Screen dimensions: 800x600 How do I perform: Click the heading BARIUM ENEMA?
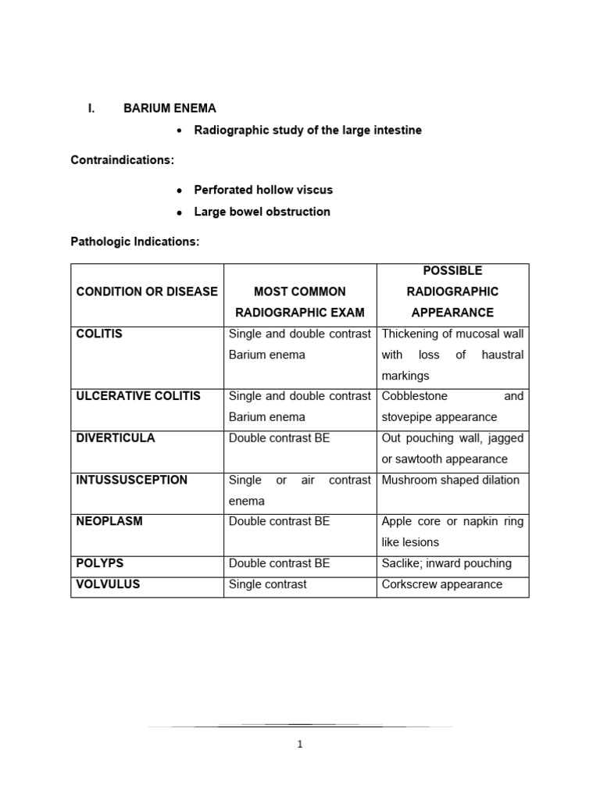coord(170,109)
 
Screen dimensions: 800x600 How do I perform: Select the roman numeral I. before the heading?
coord(91,109)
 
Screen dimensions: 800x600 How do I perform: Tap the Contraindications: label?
coord(123,160)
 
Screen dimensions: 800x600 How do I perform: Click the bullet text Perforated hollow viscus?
coord(263,190)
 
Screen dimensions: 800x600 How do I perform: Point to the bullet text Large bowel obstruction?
coord(262,212)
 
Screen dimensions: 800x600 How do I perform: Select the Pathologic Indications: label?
coord(135,242)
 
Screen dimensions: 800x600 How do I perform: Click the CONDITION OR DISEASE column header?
coord(147,291)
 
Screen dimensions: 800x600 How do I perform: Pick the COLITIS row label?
coord(99,334)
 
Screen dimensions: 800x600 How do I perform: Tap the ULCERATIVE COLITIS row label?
coord(138,396)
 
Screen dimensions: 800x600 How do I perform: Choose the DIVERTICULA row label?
coord(116,438)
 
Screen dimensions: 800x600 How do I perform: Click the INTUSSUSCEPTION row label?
coord(131,480)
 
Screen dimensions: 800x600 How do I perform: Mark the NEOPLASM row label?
coord(109,521)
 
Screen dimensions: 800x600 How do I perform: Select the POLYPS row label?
coord(100,563)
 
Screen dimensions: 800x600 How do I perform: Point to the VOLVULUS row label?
coord(108,584)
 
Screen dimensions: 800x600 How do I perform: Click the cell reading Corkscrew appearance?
coord(441,584)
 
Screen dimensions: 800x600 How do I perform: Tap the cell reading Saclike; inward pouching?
coord(446,563)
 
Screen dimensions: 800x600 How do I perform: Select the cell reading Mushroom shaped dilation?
coord(450,480)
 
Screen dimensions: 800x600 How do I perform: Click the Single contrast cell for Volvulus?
coord(267,584)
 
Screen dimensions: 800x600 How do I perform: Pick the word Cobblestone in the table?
coord(414,396)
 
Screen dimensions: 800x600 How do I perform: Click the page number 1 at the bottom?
coord(300,745)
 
